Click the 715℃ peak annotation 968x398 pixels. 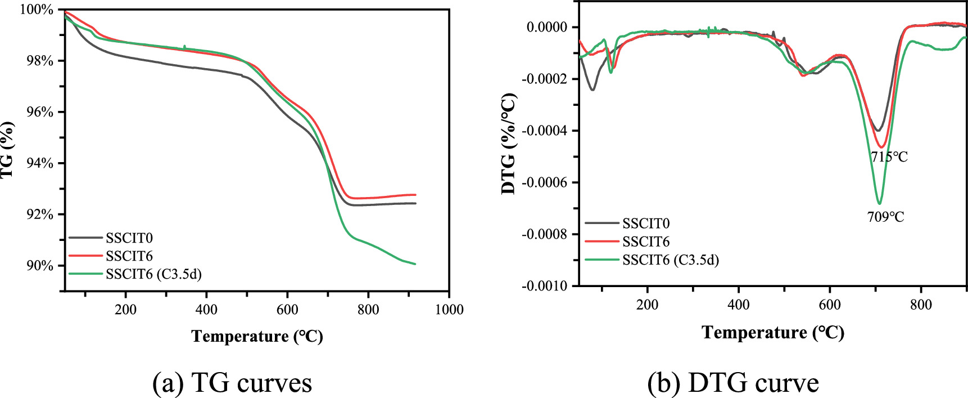point(889,157)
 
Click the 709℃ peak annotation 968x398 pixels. point(885,217)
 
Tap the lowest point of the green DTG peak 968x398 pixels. point(879,203)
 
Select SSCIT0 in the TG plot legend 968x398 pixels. point(129,238)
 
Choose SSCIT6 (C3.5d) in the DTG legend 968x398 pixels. point(670,260)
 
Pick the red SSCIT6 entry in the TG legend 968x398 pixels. point(129,256)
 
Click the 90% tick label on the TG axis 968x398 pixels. point(40,266)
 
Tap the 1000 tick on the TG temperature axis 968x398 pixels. point(449,309)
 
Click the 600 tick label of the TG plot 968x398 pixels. point(287,309)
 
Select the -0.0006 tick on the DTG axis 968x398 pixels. point(545,182)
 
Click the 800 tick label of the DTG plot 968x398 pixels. point(921,305)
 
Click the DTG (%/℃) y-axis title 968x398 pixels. point(509,144)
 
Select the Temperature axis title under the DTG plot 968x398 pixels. point(773,332)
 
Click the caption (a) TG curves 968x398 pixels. point(232,383)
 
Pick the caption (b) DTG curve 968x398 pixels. point(732,383)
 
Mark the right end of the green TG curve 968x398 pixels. point(414,263)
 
